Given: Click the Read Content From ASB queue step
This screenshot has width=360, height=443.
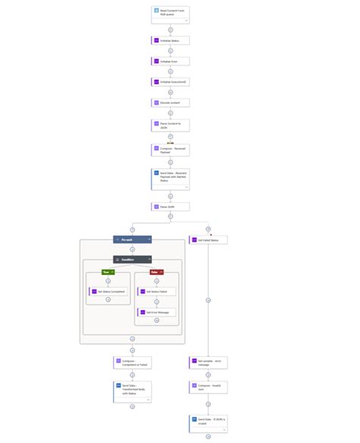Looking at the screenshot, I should [170, 14].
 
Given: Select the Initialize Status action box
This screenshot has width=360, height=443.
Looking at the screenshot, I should [170, 40].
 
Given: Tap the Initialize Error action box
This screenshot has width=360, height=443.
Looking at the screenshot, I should [170, 61].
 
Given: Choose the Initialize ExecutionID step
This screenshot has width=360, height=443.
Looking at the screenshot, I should [170, 81].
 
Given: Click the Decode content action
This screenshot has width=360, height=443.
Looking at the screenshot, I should [170, 103].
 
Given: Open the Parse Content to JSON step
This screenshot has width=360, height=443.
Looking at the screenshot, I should [170, 125].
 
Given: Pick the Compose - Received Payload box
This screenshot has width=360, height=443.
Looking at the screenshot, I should [170, 150].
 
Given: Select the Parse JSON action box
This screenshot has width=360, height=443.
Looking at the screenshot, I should [170, 206].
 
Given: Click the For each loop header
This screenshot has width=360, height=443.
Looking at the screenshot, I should [132, 239].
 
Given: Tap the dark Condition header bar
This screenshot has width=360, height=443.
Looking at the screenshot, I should [132, 259].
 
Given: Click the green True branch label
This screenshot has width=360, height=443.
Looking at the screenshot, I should [107, 271].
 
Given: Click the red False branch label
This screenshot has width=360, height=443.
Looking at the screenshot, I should [155, 271].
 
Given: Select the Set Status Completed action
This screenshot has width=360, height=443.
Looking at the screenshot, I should [107, 291].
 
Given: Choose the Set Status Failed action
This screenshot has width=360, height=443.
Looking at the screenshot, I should [156, 291].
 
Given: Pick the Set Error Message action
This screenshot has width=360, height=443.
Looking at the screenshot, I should [156, 312].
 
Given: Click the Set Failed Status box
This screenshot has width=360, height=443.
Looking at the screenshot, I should [208, 240].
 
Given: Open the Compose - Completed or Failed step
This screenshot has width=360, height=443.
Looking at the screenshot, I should [132, 362].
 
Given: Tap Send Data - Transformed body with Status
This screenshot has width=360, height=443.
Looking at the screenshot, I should [132, 390].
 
